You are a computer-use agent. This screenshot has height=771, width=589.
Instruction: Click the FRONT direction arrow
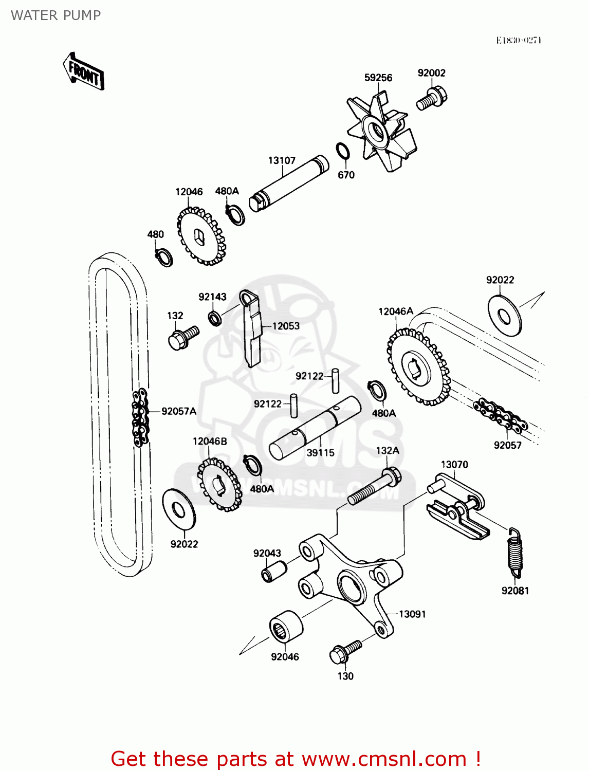click(x=84, y=72)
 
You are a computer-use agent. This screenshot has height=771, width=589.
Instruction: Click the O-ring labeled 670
click(x=343, y=152)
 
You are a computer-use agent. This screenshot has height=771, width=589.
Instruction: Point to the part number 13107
click(x=282, y=160)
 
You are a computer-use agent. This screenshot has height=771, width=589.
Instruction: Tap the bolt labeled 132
click(x=183, y=337)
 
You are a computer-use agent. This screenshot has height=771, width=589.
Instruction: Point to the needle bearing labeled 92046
click(x=285, y=626)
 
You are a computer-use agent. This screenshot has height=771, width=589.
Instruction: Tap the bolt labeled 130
click(x=344, y=651)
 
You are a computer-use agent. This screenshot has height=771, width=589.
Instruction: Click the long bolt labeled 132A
click(x=375, y=486)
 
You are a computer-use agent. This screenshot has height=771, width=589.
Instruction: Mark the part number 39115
click(x=320, y=453)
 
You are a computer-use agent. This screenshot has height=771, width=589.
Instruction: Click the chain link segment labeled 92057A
click(x=140, y=416)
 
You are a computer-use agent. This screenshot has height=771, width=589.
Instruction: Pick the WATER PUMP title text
click(x=56, y=15)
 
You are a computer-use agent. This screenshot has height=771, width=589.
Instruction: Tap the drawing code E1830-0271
click(x=519, y=40)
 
